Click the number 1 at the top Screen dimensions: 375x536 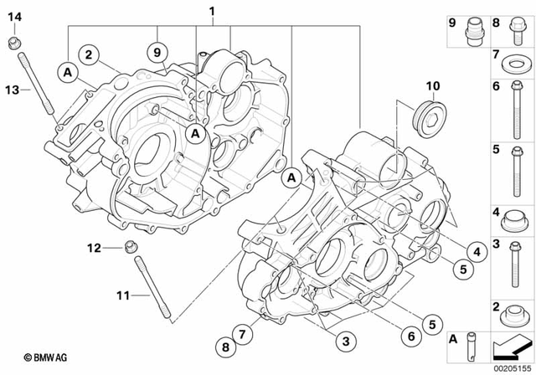point(212,11)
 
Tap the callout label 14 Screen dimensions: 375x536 point(16,17)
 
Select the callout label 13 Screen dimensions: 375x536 point(12,89)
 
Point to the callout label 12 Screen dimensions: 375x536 point(95,247)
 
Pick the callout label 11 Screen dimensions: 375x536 point(124,295)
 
